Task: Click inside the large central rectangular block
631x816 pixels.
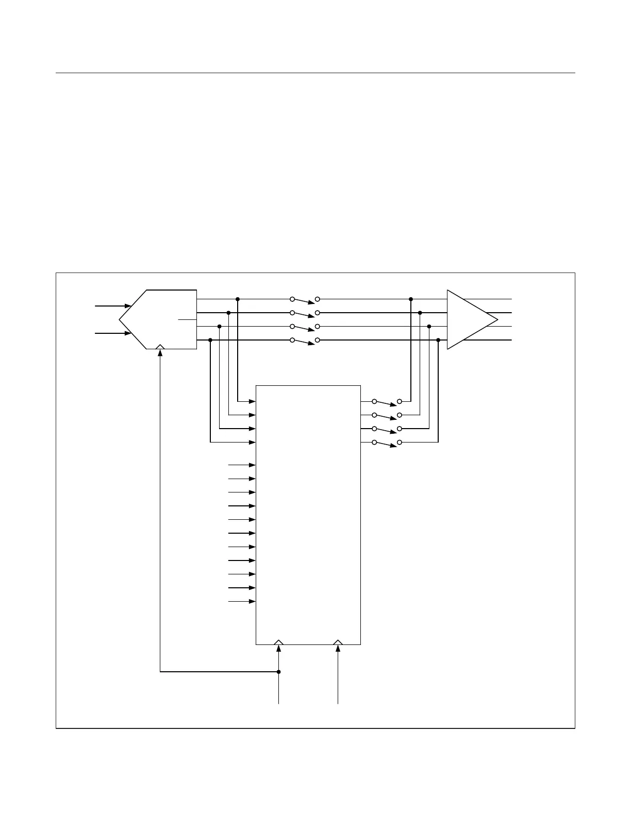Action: coord(308,515)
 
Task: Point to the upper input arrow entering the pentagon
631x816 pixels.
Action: coord(113,305)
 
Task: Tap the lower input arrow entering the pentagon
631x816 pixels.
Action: coord(113,333)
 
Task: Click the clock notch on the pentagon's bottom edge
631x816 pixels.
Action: coord(160,347)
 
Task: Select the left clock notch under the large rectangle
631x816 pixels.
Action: coord(278,642)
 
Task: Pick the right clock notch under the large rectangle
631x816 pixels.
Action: coord(338,642)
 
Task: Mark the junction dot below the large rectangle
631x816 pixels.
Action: coord(279,672)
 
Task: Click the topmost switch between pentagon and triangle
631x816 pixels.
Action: coord(305,299)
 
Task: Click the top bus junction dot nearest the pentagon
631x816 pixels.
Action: coord(237,299)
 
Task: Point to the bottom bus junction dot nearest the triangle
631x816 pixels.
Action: coord(438,340)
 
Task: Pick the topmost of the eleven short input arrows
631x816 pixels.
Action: coord(242,465)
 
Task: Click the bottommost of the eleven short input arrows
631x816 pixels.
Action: coord(242,601)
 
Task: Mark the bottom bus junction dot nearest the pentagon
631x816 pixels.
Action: coord(210,340)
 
